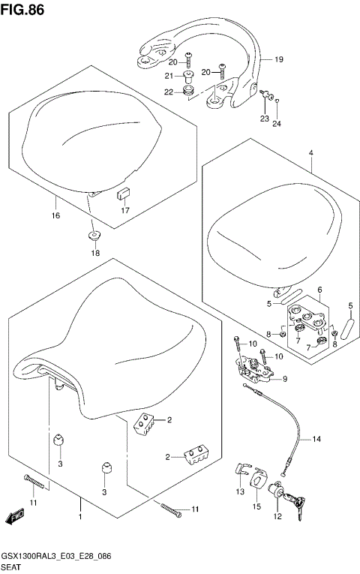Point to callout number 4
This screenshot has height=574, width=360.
coord(310,152)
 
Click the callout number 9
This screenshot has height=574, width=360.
coord(284,379)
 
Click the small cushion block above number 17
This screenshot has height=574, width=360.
coord(122,194)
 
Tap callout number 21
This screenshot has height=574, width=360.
coord(169,76)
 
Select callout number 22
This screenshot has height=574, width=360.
coord(169,92)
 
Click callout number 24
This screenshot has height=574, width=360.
coord(276,123)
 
